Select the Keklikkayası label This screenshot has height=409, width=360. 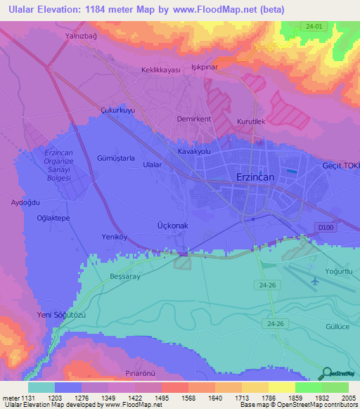pyautogui.click(x=161, y=70)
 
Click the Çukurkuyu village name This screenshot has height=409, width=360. pyautogui.click(x=117, y=110)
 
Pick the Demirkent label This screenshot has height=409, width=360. pyautogui.click(x=194, y=119)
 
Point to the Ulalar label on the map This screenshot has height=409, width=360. pyautogui.click(x=153, y=164)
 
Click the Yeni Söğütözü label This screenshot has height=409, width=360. pyautogui.click(x=61, y=315)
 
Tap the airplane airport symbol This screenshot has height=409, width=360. pyautogui.click(x=314, y=281)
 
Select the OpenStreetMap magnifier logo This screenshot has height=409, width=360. pyautogui.click(x=328, y=373)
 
